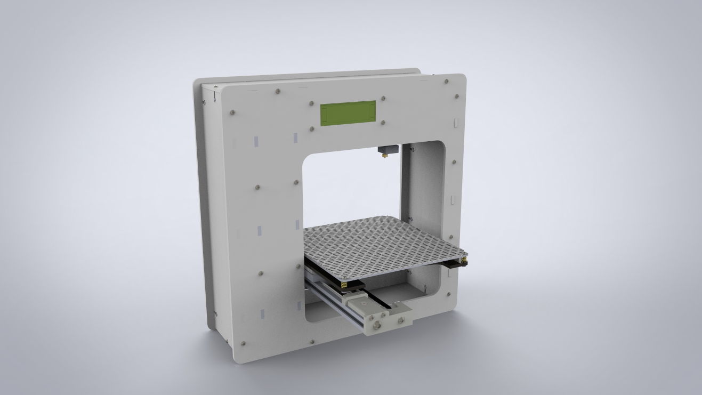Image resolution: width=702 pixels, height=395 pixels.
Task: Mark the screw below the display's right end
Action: pyautogui.click(x=383, y=122)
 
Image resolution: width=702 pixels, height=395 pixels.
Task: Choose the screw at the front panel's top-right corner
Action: pyautogui.click(x=447, y=82)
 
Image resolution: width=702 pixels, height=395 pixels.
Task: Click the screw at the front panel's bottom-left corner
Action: pyautogui.click(x=243, y=343)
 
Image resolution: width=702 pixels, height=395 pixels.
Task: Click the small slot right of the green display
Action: pyautogui.click(x=455, y=121)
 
